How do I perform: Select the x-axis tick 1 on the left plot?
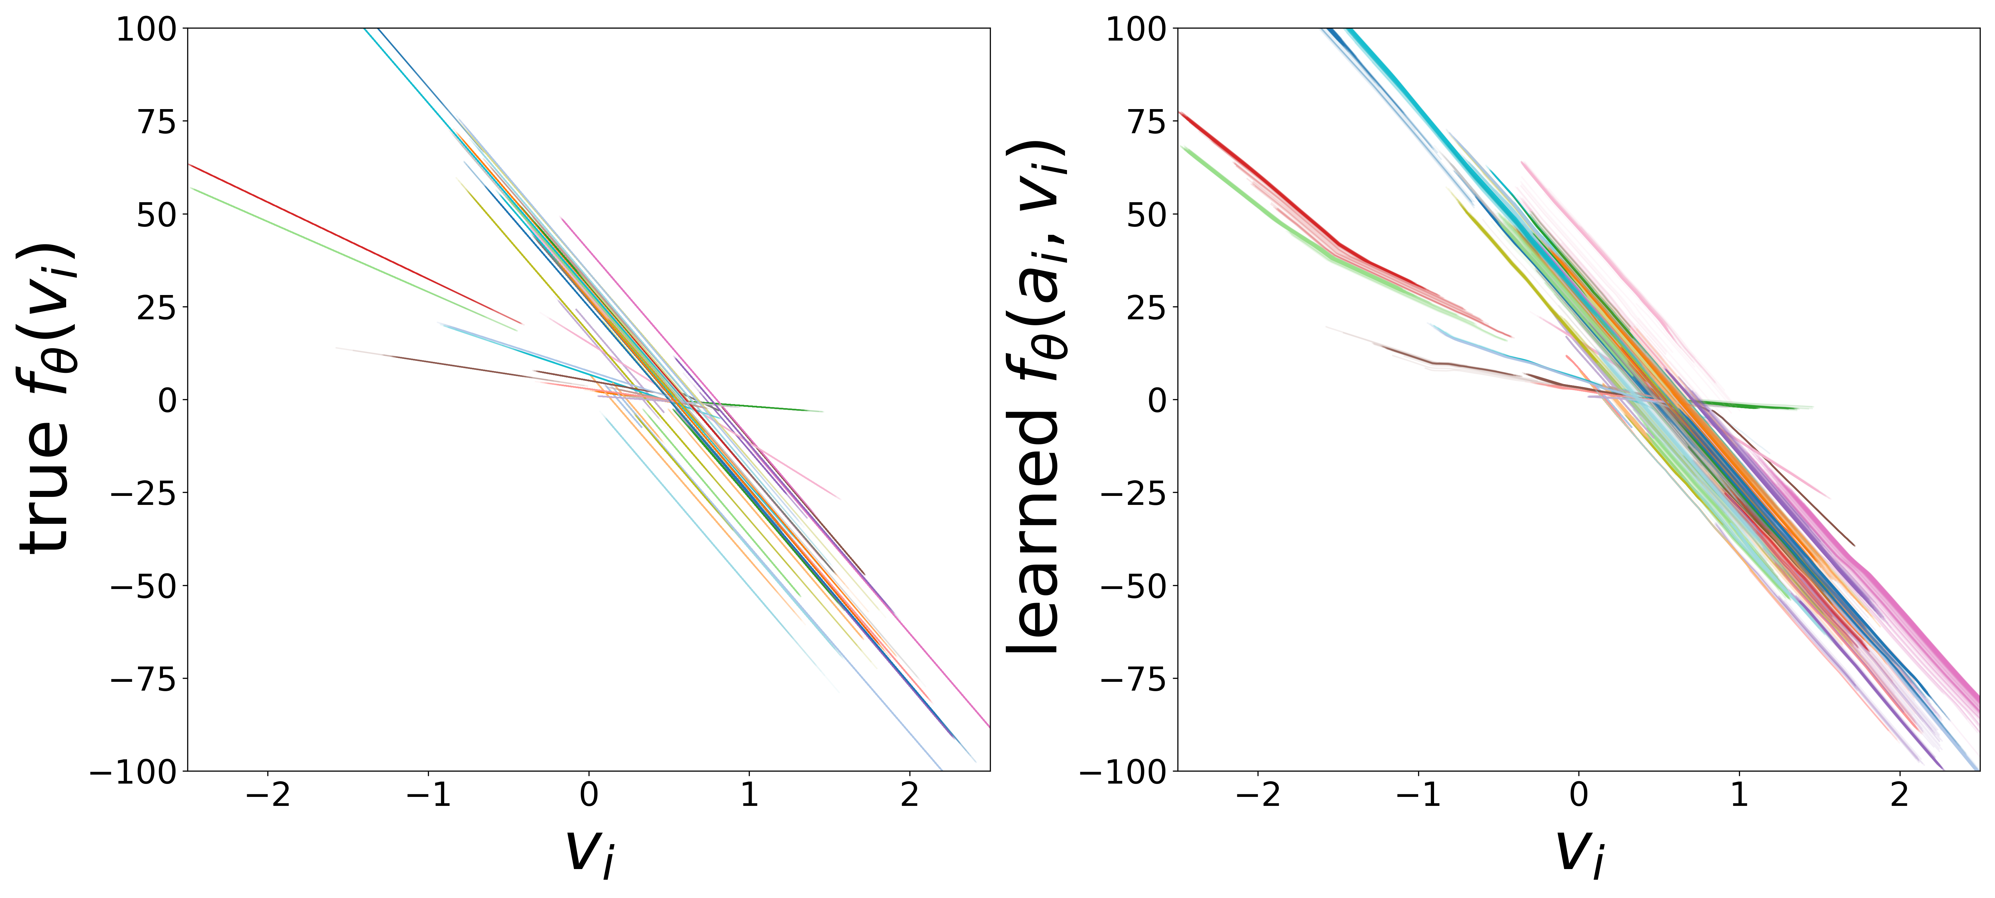click(x=749, y=795)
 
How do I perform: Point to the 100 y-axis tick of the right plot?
click(x=1135, y=30)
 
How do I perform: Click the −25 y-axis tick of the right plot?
click(x=1135, y=493)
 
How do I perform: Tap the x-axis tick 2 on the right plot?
click(x=1899, y=795)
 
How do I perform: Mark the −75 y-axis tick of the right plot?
click(x=1135, y=679)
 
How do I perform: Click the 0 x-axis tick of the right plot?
click(x=1578, y=795)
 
